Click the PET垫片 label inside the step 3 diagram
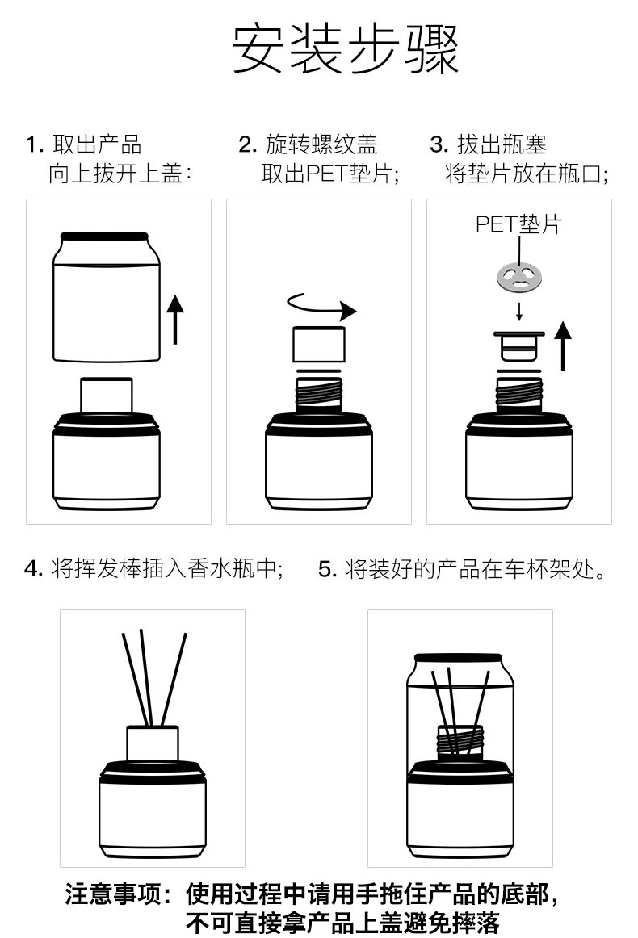click(x=518, y=224)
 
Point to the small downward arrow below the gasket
click(x=518, y=311)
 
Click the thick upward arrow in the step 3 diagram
click(x=563, y=345)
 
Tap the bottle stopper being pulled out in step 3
click(x=518, y=345)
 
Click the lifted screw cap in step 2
click(x=318, y=344)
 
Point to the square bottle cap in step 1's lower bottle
click(x=106, y=396)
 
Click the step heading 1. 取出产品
click(x=84, y=145)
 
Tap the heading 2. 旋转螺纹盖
click(x=309, y=145)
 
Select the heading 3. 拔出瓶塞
click(x=489, y=145)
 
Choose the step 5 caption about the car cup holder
click(x=462, y=569)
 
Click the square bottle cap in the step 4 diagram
click(x=152, y=743)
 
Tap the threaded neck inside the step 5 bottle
click(x=460, y=741)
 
